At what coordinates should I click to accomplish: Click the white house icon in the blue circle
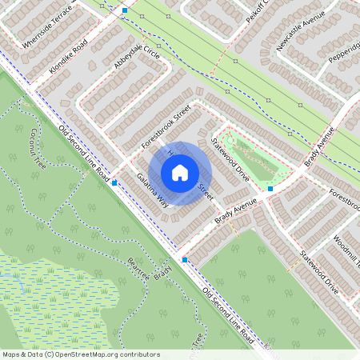click(x=180, y=172)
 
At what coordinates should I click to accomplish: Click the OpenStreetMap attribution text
click(x=80, y=354)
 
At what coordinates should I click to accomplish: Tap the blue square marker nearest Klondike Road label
click(x=125, y=10)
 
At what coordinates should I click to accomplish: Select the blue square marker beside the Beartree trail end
click(x=185, y=260)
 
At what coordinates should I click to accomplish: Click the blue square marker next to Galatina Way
click(x=115, y=183)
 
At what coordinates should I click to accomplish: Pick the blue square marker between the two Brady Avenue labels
click(x=270, y=189)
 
